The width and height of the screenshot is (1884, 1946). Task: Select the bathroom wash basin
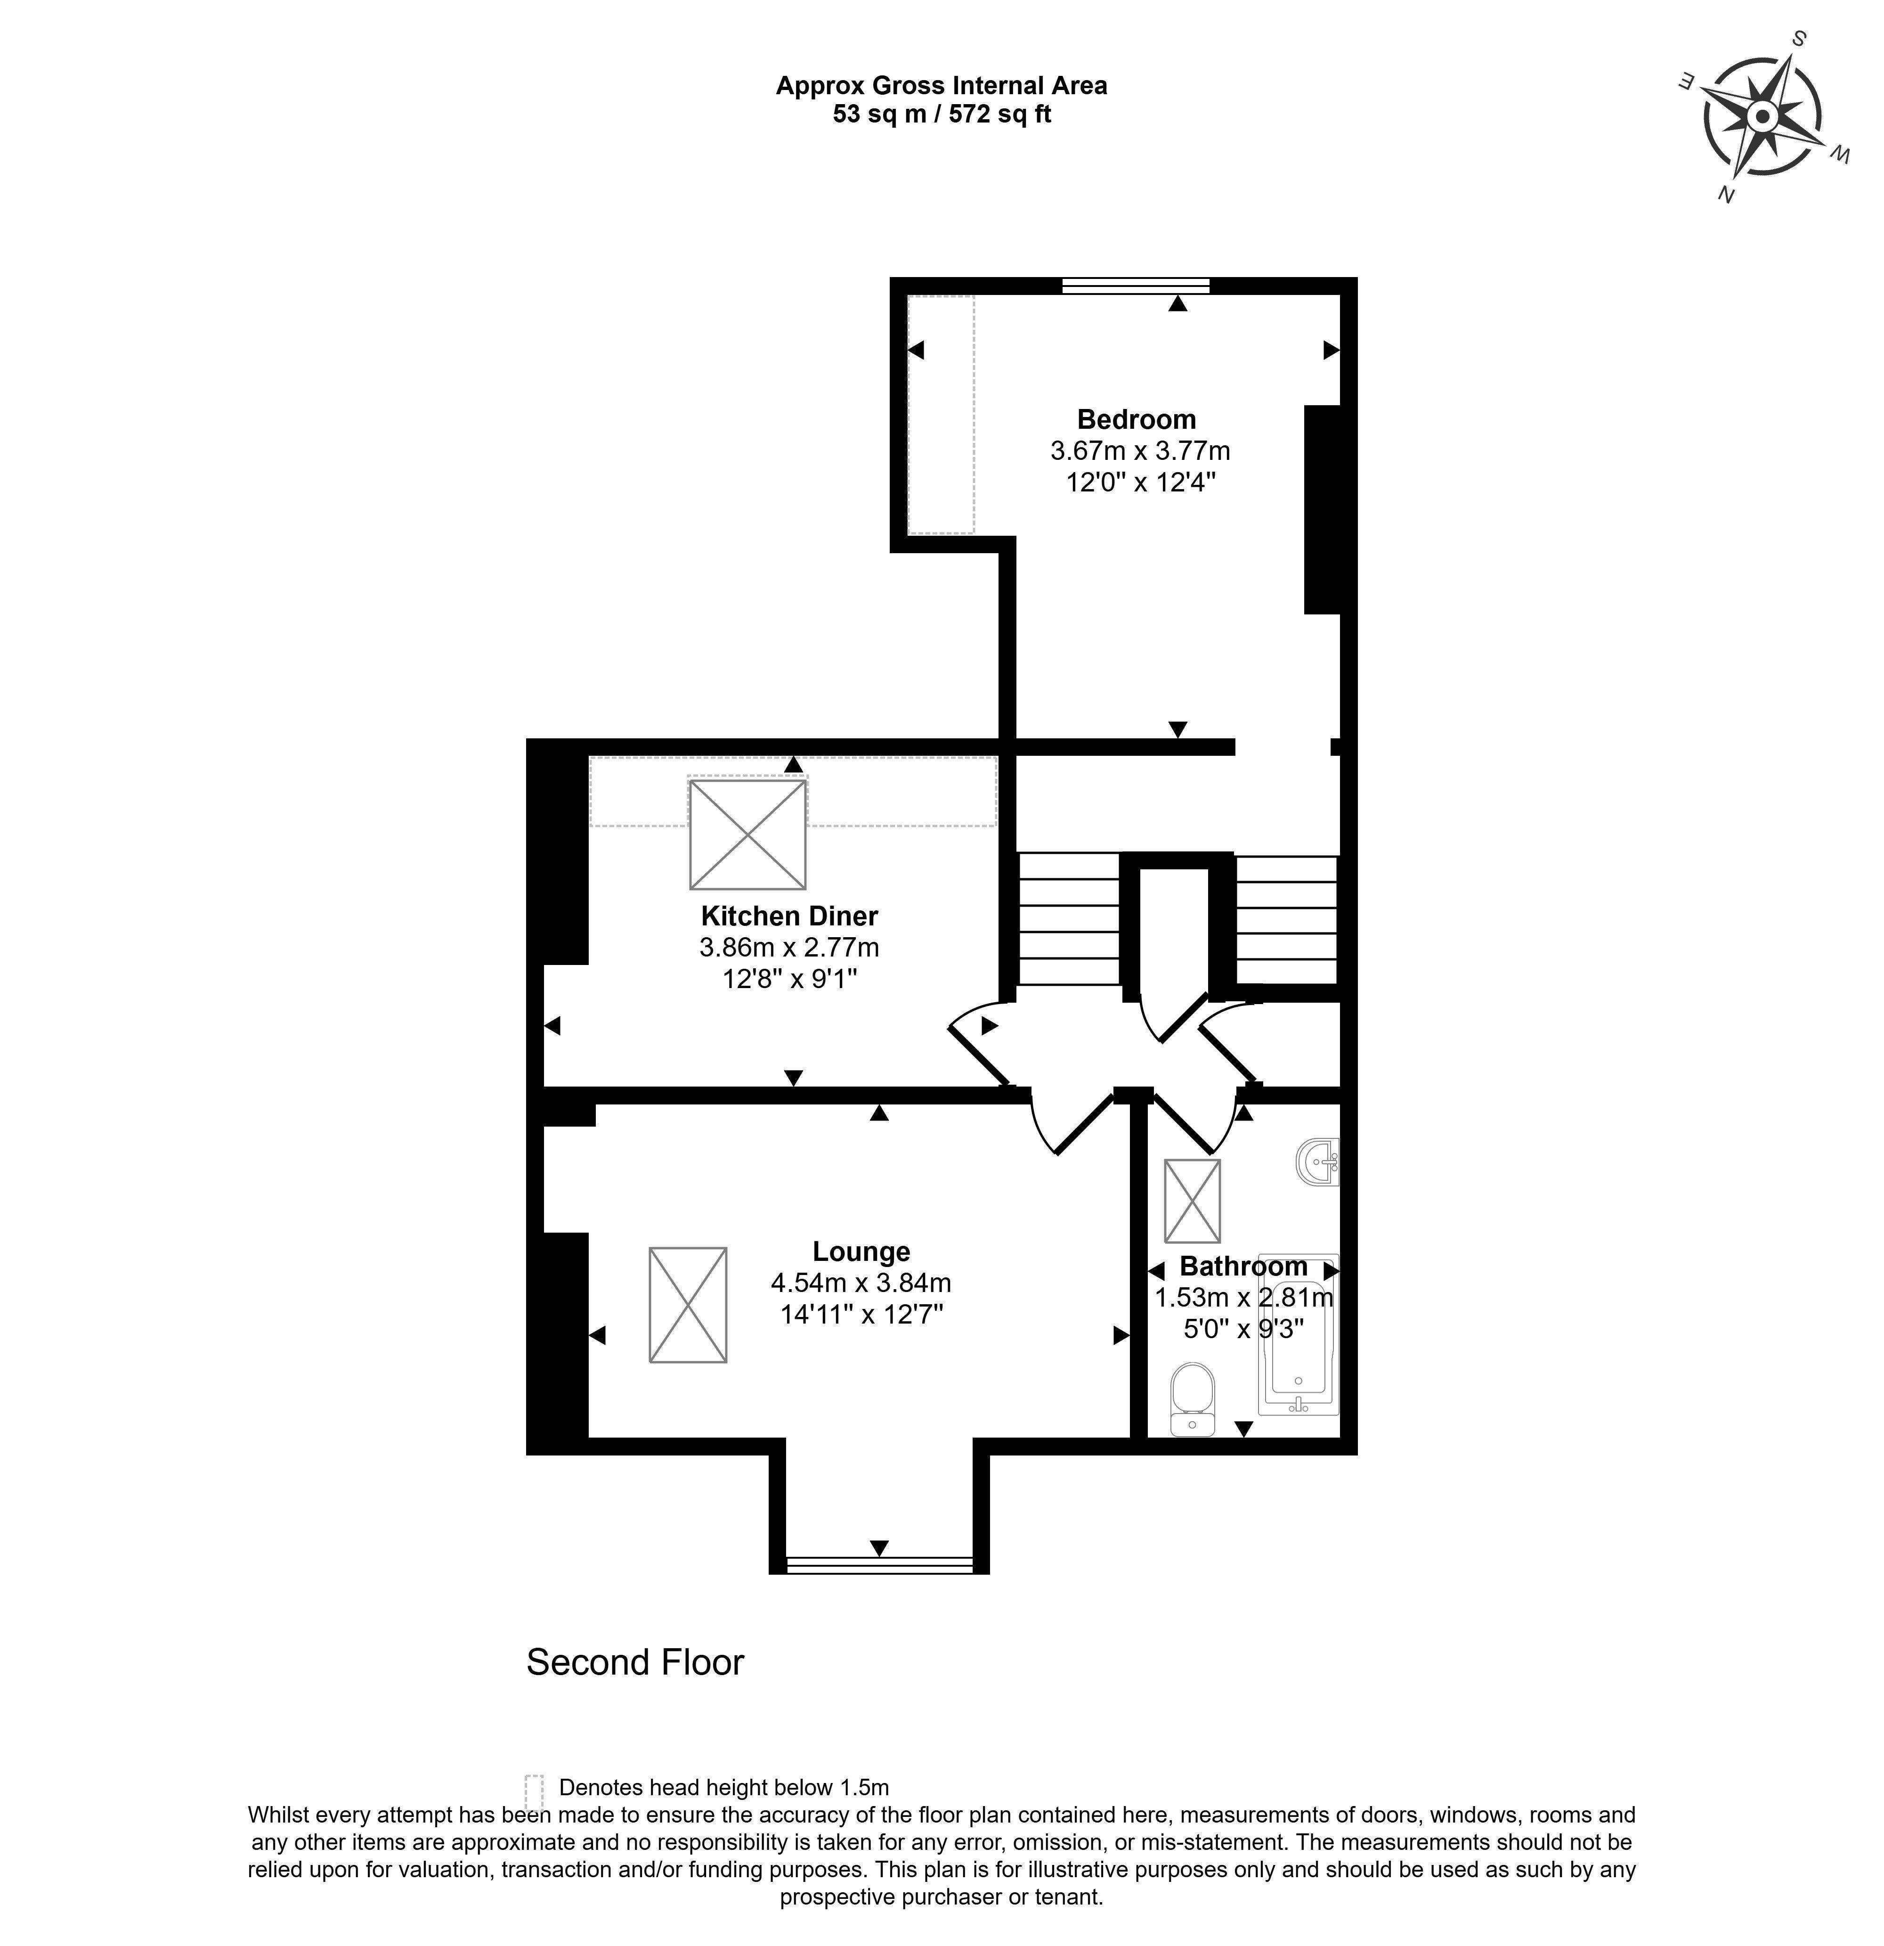click(1320, 1161)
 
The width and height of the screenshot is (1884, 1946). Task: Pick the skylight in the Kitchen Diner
click(747, 834)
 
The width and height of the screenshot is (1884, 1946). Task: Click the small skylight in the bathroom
click(1192, 1201)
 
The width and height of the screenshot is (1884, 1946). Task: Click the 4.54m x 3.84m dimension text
click(861, 1283)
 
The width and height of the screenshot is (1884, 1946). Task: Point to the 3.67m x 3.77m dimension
click(1139, 451)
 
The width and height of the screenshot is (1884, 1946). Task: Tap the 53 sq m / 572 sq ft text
click(941, 114)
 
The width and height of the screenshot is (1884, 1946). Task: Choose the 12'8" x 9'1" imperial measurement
click(789, 979)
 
